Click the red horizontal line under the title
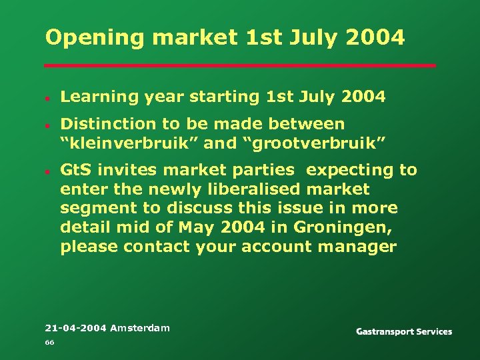tap(240, 65)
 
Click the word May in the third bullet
tap(195, 227)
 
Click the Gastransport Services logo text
tap(404, 331)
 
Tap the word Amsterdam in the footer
tap(140, 328)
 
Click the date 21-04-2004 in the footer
tap(75, 328)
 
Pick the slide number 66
tap(49, 343)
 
